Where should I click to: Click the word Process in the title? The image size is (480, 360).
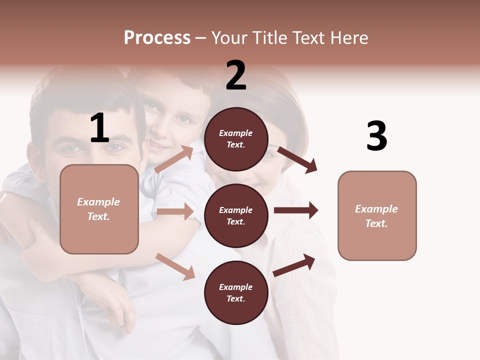point(157,37)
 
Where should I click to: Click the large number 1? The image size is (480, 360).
point(99,128)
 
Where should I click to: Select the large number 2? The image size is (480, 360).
point(236,75)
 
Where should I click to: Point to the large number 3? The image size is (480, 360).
point(376,136)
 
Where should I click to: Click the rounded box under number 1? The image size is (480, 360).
point(99,209)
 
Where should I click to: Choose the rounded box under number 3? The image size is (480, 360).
point(377,216)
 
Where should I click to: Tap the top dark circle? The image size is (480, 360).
point(236,139)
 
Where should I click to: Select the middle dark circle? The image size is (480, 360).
point(236,215)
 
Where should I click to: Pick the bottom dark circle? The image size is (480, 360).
point(236,292)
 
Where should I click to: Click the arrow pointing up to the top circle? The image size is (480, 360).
point(174,159)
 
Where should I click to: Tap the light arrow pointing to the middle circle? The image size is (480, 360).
point(175,211)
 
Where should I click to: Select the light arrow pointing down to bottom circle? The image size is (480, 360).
point(175,266)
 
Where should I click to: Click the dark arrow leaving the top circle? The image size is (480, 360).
point(297,159)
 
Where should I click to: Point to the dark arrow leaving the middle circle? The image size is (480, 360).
point(295,210)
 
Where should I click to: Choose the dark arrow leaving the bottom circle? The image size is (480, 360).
point(294,265)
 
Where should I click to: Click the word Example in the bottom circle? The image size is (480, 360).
point(236,287)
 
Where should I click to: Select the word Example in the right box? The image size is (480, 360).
point(376,209)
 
